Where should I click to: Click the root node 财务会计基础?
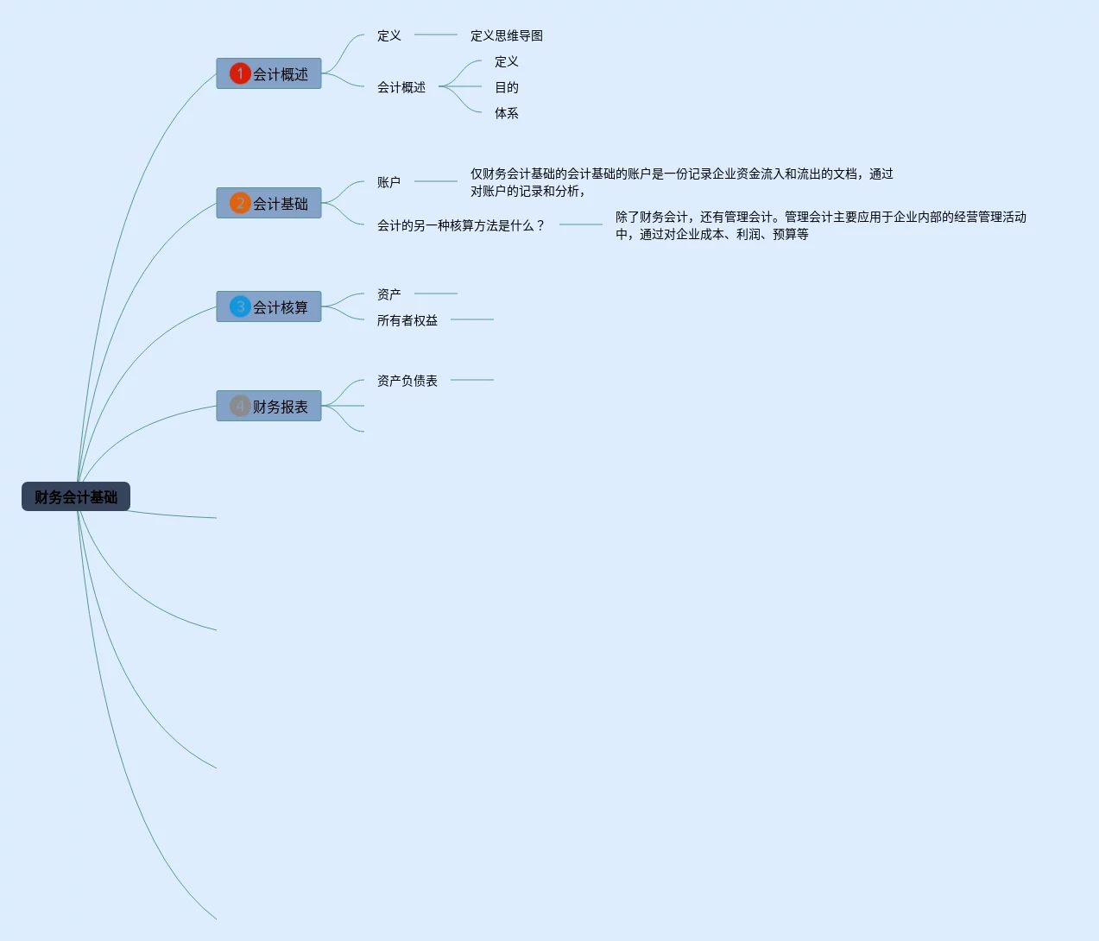pos(76,497)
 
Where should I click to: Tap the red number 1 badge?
pos(240,74)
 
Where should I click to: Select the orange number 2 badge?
pos(240,204)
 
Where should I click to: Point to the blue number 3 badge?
pos(240,307)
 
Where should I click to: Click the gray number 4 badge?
pos(240,407)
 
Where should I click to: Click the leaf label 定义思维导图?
pos(507,36)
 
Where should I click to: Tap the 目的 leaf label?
pos(507,87)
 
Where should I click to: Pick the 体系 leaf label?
pos(507,113)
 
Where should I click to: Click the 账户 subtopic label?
pos(388,182)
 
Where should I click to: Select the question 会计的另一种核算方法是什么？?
pos(461,225)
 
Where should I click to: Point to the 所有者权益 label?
pos(407,320)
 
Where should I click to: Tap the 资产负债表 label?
pos(407,381)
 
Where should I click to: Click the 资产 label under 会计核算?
pos(388,294)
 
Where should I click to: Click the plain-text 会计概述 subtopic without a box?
pos(401,87)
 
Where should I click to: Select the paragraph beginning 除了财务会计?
pos(820,225)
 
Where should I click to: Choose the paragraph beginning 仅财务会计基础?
pos(681,182)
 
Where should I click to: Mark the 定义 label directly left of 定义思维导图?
pos(388,36)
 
